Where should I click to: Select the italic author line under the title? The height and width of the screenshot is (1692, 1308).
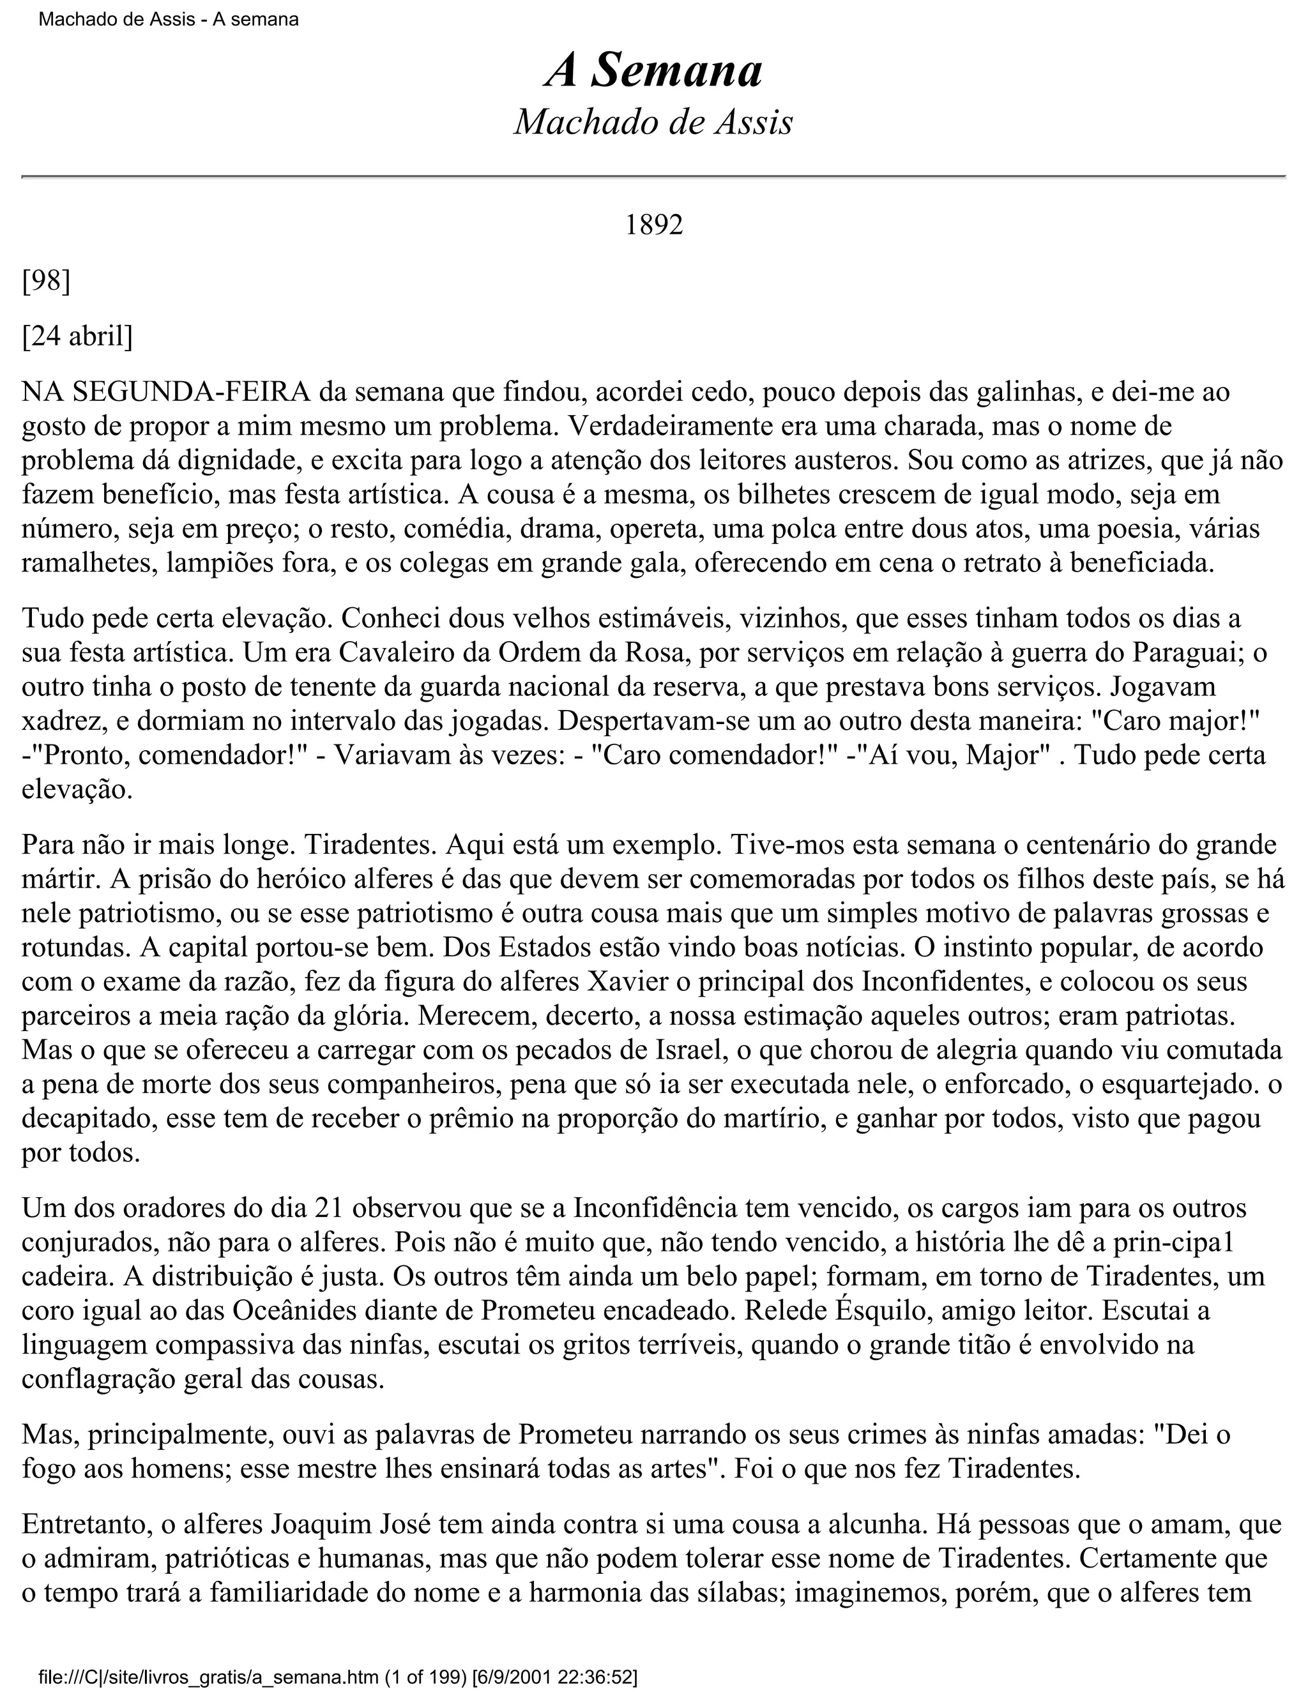click(x=653, y=123)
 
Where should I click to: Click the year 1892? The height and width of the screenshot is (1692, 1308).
click(x=653, y=225)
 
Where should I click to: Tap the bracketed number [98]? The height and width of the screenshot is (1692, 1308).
click(x=46, y=280)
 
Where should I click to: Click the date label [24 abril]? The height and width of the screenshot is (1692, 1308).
click(x=77, y=336)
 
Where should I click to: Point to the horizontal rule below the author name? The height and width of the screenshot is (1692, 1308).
click(x=653, y=178)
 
